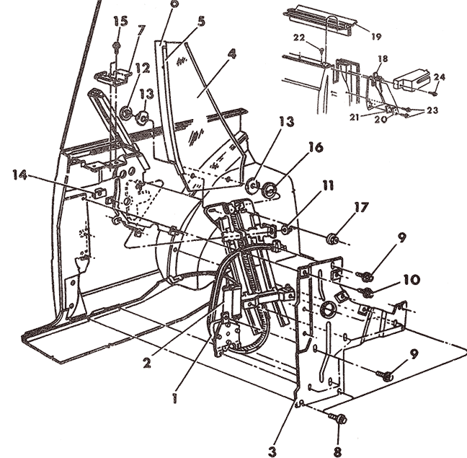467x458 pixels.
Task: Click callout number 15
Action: [121, 22]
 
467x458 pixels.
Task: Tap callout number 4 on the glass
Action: [232, 55]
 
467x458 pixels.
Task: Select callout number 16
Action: [316, 148]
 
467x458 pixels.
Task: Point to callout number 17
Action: [362, 208]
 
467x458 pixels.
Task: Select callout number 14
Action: [19, 175]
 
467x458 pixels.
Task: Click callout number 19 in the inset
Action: [376, 37]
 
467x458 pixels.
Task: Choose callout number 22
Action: [299, 38]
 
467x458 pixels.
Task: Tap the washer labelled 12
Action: [127, 113]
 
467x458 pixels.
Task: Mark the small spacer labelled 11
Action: [285, 229]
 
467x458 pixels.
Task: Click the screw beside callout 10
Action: [366, 291]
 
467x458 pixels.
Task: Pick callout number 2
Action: [146, 362]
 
